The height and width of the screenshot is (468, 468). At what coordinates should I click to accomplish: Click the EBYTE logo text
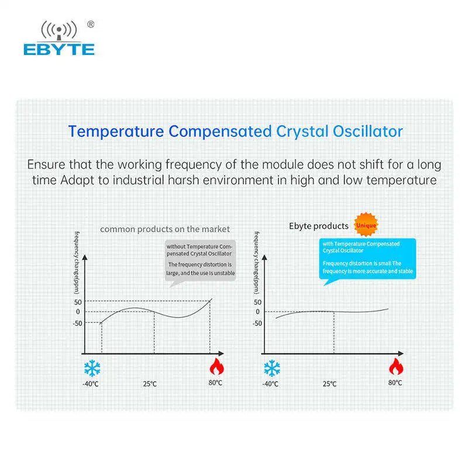[59, 49]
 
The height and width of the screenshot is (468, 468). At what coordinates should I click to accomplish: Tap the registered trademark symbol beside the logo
[91, 24]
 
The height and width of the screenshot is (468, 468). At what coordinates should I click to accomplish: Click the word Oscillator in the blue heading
[368, 131]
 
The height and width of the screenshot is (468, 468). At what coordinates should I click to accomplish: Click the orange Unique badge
[366, 225]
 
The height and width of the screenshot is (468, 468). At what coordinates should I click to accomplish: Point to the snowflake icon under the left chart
[92, 368]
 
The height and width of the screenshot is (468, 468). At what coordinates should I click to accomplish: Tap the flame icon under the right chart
[396, 367]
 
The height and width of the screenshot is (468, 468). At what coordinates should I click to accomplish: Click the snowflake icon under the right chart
[272, 368]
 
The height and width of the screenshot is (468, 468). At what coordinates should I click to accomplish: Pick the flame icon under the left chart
[216, 367]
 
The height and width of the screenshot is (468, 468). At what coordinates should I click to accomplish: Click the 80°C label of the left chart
[215, 383]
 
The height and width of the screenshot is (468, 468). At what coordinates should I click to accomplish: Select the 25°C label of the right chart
[329, 384]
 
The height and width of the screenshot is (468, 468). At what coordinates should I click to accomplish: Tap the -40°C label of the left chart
[91, 384]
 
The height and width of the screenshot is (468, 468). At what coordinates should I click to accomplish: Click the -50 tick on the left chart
[77, 324]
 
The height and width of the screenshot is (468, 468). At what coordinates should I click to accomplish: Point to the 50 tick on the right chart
[257, 302]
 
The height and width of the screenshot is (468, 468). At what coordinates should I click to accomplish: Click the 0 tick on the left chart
[78, 312]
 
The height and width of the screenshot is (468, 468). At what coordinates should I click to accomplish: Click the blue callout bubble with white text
[367, 259]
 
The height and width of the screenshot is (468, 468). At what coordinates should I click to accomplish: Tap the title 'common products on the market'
[165, 229]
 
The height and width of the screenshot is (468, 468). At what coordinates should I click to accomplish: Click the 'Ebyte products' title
[319, 226]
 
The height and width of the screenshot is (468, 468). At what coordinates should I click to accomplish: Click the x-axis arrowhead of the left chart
[221, 353]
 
